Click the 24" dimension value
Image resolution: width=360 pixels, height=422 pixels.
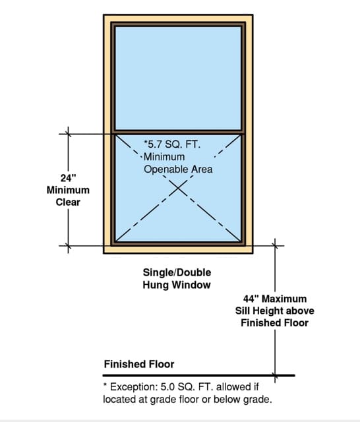(x=68, y=178)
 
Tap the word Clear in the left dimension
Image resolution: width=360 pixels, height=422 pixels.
(x=68, y=202)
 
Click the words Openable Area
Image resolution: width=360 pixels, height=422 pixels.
(x=178, y=169)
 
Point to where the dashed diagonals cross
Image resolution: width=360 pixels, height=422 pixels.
(x=178, y=188)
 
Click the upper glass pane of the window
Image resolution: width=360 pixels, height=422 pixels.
(x=178, y=78)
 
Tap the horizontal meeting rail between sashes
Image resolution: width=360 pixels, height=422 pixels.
(x=178, y=132)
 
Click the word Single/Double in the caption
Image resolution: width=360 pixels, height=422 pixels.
(x=177, y=272)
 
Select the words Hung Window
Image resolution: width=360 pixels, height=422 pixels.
(x=177, y=285)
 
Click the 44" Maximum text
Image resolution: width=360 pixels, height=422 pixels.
(x=275, y=299)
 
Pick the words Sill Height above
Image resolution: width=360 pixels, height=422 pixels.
(x=275, y=311)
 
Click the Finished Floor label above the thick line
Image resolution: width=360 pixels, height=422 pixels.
(x=139, y=364)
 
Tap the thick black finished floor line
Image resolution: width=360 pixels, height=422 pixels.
(x=199, y=375)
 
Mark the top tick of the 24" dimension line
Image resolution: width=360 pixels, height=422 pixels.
(x=68, y=134)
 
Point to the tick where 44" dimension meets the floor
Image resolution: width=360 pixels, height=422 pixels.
(x=275, y=375)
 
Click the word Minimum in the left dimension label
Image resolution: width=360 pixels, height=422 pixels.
(x=68, y=190)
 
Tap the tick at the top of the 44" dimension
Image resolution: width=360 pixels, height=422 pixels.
(x=275, y=245)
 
